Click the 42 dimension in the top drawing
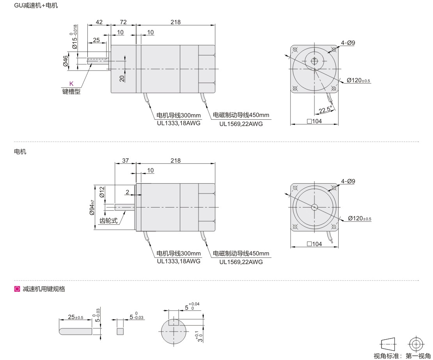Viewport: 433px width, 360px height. pyautogui.click(x=99, y=22)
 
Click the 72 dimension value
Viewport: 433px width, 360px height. pyautogui.click(x=123, y=22)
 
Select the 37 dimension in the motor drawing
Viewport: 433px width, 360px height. pyautogui.click(x=125, y=160)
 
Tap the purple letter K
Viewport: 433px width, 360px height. pyautogui.click(x=71, y=83)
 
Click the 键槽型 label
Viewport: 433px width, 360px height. pyautogui.click(x=71, y=91)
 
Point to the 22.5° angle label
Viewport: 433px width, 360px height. pyautogui.click(x=325, y=110)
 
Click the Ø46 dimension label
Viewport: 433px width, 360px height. pyautogui.click(x=66, y=61)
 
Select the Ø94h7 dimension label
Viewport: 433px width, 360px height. pyautogui.click(x=92, y=207)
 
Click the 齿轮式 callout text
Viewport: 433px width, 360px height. pyautogui.click(x=108, y=221)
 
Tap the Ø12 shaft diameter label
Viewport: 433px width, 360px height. pyautogui.click(x=102, y=192)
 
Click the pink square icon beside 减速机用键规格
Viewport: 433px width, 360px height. pyautogui.click(x=17, y=289)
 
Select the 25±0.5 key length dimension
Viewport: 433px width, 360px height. pyautogui.click(x=75, y=317)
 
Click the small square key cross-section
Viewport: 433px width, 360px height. pyautogui.click(x=120, y=331)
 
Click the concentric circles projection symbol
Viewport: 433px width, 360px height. pyautogui.click(x=417, y=344)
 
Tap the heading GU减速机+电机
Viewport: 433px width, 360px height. pyautogui.click(x=36, y=5)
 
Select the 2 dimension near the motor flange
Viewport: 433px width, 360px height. pyautogui.click(x=127, y=192)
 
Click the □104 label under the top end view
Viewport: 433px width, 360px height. pyautogui.click(x=314, y=121)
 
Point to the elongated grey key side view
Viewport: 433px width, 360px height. pyautogui.click(x=75, y=331)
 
